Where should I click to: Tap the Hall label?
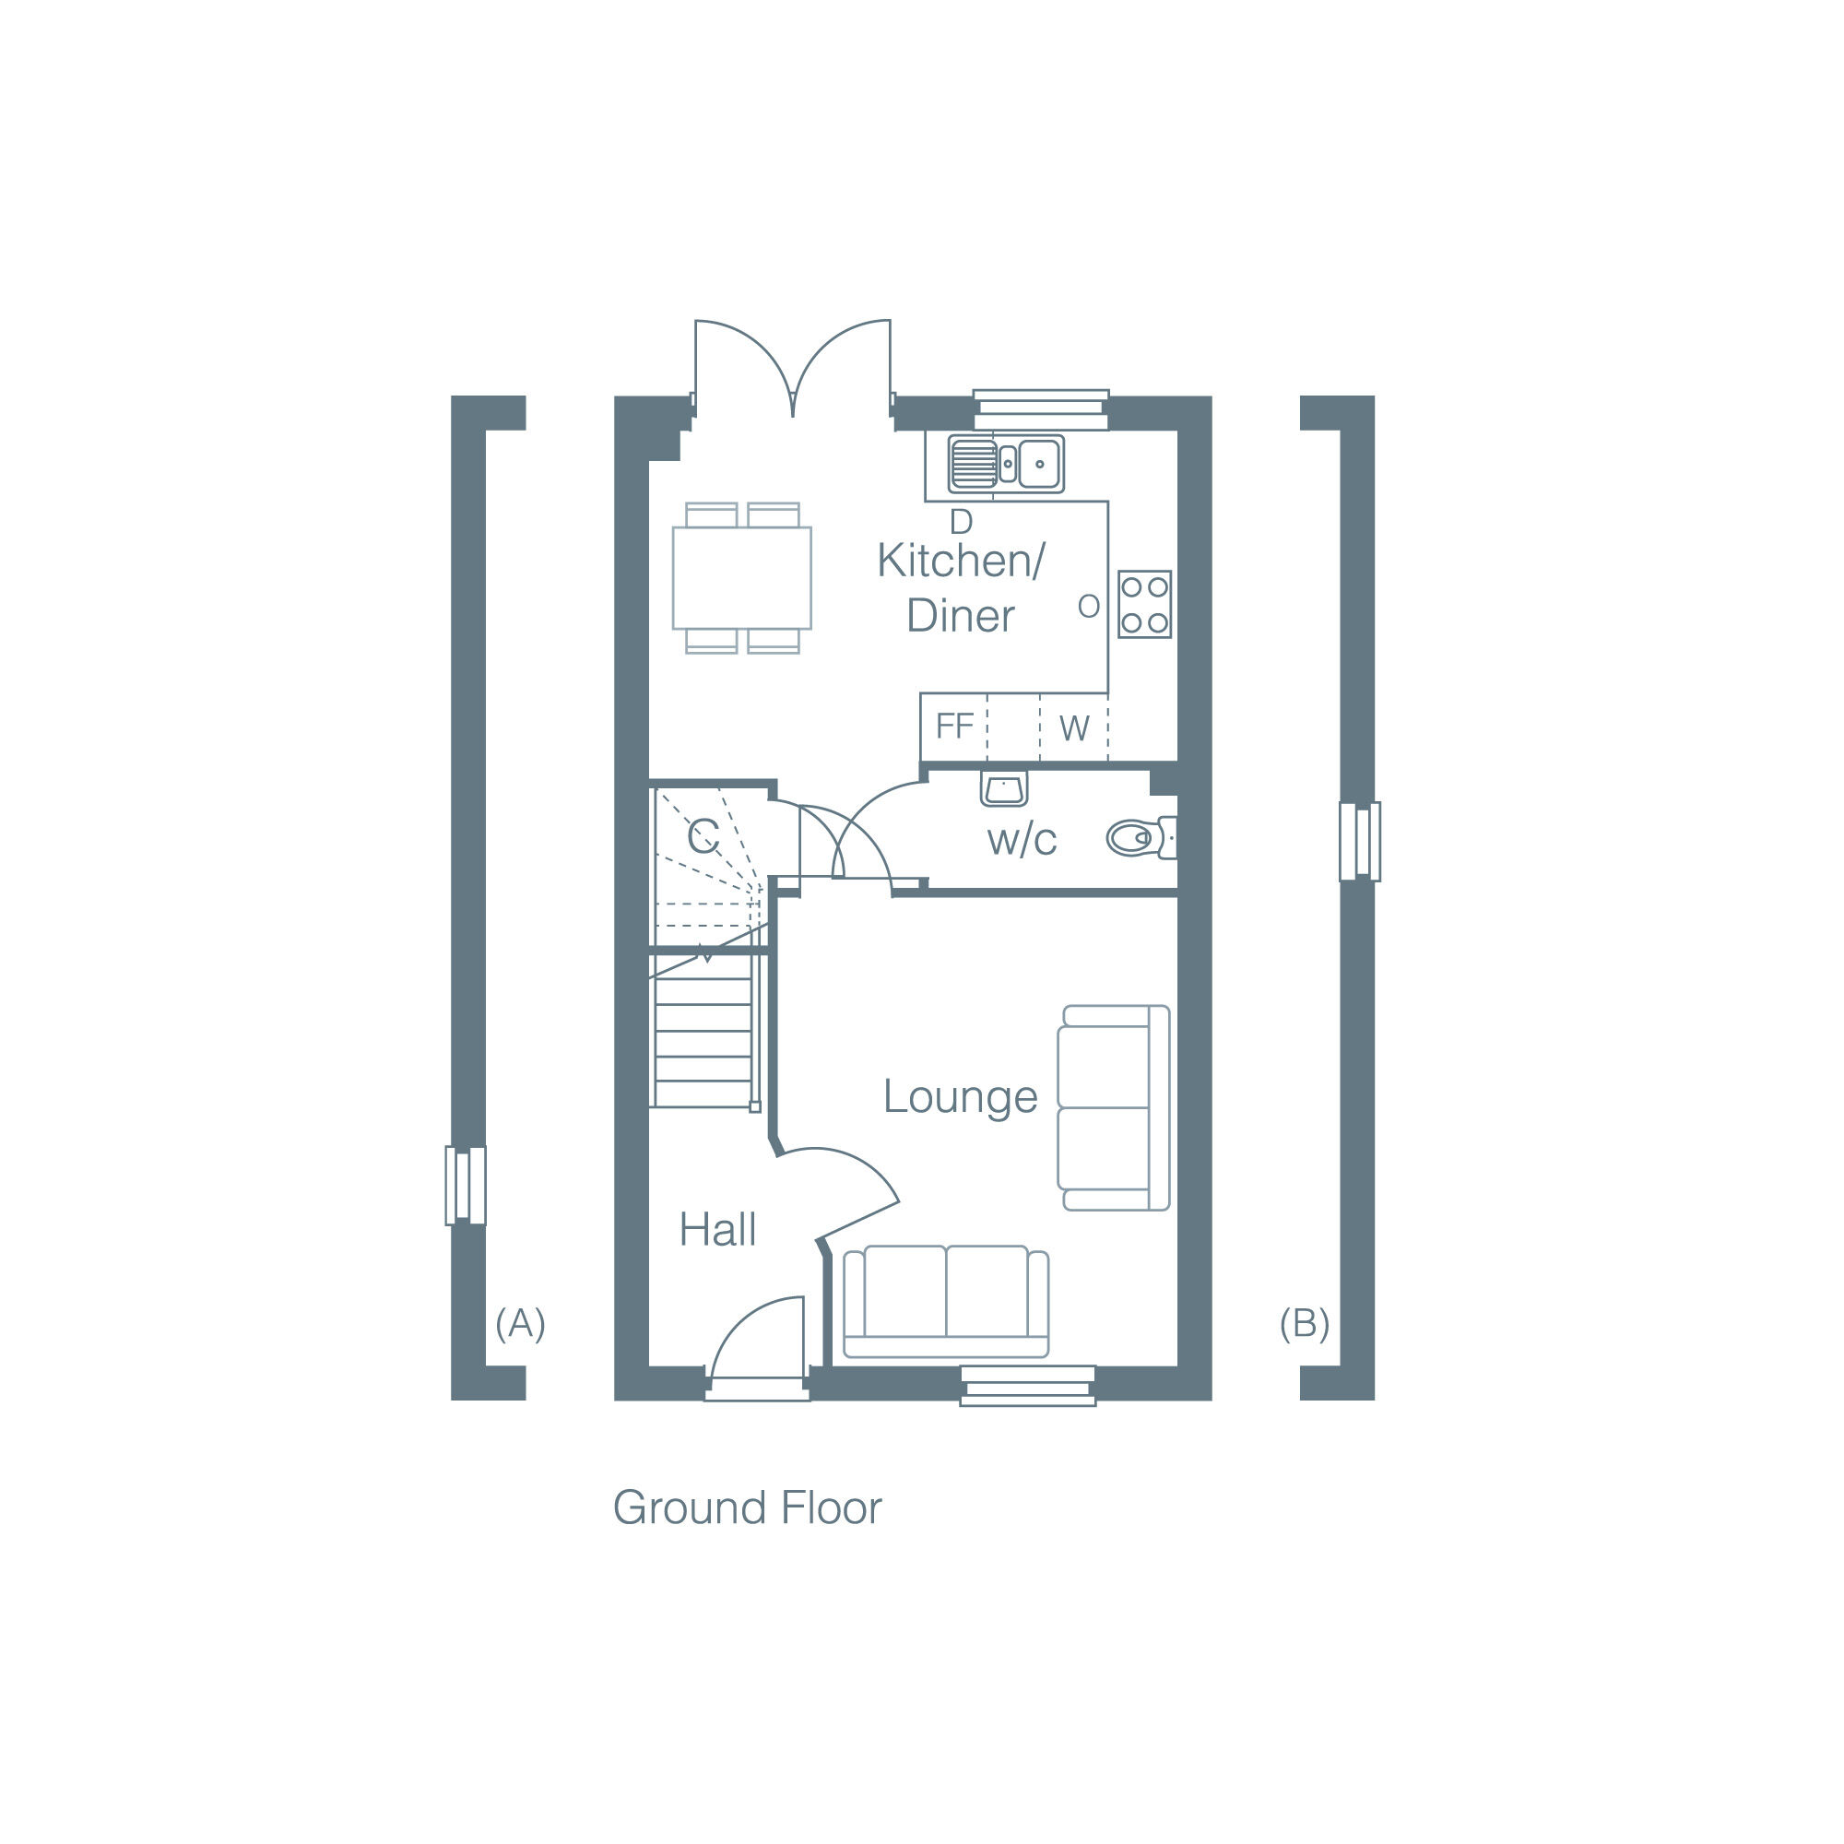coord(716,1230)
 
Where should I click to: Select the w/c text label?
coord(1022,841)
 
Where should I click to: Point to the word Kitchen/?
coord(960,561)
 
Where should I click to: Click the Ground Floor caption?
coord(747,1508)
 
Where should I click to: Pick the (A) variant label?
coord(520,1323)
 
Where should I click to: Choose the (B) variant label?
coord(1304,1323)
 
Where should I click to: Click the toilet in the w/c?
coord(1140,838)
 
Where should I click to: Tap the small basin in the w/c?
coord(1003,789)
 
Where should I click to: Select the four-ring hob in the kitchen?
coord(1144,604)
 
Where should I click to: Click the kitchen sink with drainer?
coord(1005,464)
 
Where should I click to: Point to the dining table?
coord(741,577)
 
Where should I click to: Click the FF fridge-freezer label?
coord(953,727)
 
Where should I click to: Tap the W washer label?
coord(1074,729)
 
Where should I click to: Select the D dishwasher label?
coord(960,522)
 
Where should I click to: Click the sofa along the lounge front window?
coord(945,1301)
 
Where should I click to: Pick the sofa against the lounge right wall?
coord(1113,1108)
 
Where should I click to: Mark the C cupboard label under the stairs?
coord(703,838)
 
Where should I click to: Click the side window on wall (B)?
coord(1359,841)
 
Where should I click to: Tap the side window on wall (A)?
coord(466,1186)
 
